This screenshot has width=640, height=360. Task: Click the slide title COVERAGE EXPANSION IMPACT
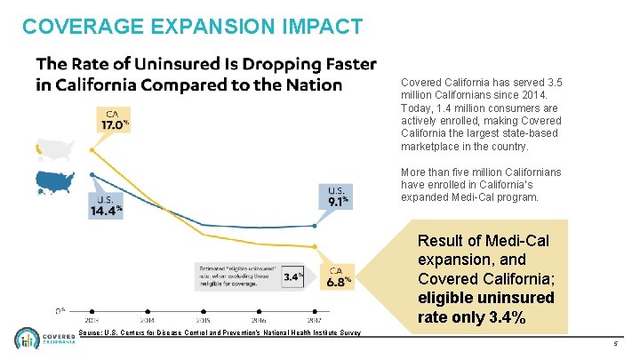tap(192, 27)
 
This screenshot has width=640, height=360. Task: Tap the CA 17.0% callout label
tap(113, 120)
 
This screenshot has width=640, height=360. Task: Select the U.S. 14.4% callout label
tap(104, 205)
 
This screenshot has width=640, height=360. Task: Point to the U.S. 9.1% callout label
tap(337, 196)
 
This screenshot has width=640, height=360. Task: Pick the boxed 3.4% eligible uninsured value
tap(292, 276)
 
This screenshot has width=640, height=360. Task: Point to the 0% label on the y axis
tap(60, 310)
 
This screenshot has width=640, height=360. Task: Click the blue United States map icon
tap(58, 181)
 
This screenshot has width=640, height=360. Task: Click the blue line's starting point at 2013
tap(92, 174)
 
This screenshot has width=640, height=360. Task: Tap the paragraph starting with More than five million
tap(469, 184)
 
